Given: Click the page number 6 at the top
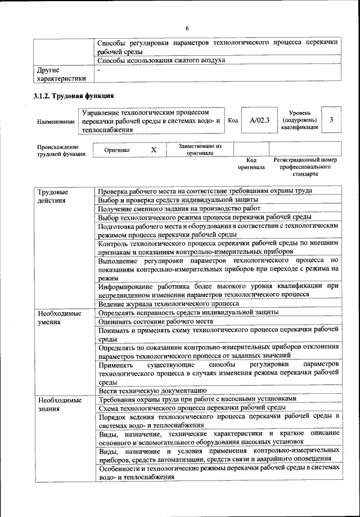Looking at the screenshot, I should (x=187, y=29).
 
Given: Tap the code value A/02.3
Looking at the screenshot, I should (x=260, y=120).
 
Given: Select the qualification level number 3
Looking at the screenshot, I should (x=332, y=120).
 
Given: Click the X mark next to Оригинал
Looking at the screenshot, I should (x=154, y=150).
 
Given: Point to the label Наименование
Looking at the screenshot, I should (x=56, y=122).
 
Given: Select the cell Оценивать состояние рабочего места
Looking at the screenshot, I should (x=161, y=321).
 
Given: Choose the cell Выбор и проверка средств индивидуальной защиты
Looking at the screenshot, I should (x=178, y=200).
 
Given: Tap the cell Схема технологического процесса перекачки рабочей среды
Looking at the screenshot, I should (x=193, y=407).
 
